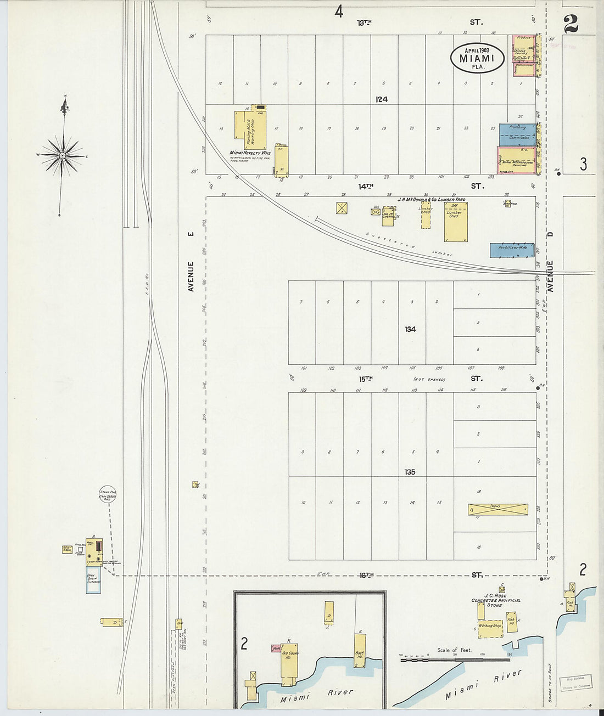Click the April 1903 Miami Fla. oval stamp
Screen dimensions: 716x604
(478, 58)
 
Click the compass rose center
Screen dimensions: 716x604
(63, 156)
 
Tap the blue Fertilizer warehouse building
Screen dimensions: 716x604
(512, 250)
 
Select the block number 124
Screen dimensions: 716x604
(382, 99)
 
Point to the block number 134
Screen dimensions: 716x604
(410, 329)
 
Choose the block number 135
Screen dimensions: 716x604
(410, 472)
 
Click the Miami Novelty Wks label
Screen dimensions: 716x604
(248, 153)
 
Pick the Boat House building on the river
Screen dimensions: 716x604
(360, 650)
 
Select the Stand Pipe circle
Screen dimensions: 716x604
(107, 494)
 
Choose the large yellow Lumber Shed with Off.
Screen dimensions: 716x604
(456, 222)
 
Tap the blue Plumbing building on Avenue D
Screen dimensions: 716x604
(517, 134)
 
